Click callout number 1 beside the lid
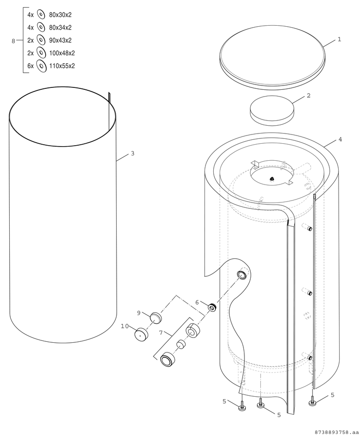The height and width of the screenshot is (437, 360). tap(339, 40)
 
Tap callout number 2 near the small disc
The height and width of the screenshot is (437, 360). tap(309, 96)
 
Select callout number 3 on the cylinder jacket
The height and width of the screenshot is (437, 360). tap(133, 153)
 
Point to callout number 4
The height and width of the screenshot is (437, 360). tap(340, 139)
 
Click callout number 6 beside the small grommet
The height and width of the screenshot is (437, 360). tap(197, 303)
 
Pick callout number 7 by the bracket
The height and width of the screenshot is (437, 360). tap(161, 333)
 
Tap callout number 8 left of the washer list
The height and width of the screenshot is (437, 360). tap(13, 41)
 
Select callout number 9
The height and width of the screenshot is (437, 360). tap(138, 313)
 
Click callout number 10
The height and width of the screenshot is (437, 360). tap(124, 326)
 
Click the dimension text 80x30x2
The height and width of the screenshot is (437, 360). tap(60, 15)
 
